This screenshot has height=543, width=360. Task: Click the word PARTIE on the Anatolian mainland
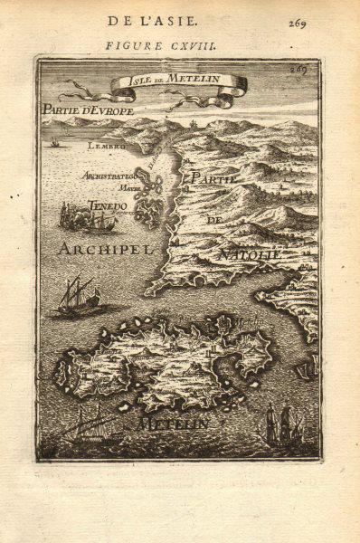tap(213, 180)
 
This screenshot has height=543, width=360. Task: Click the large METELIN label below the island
tap(172, 423)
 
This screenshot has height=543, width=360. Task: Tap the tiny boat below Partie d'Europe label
tap(54, 142)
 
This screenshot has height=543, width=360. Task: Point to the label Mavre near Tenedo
tap(118, 189)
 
